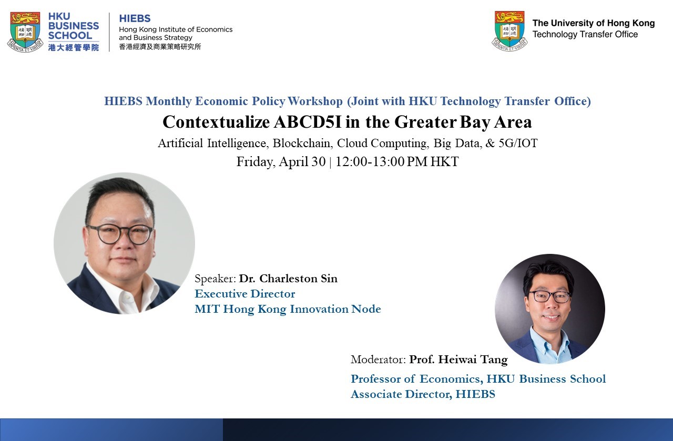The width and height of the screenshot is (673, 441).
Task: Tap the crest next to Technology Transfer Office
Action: tap(509, 31)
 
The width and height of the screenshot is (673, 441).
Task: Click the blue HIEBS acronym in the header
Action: tap(135, 18)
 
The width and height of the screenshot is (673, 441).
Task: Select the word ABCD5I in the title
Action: tap(308, 122)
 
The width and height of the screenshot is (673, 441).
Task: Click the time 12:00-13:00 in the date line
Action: tap(370, 161)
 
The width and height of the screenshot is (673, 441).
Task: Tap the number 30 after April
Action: tap(319, 161)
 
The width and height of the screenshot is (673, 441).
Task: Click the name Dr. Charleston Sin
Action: tap(288, 279)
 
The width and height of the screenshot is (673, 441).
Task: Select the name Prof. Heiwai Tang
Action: tap(458, 360)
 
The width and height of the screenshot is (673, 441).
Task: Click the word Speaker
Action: tap(215, 279)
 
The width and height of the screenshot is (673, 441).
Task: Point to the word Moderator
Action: tap(378, 360)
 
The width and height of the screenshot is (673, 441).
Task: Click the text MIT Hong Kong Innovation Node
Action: tap(288, 309)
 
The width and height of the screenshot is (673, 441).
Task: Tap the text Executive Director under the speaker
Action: tap(245, 294)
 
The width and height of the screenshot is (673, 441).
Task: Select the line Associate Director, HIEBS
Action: tap(423, 394)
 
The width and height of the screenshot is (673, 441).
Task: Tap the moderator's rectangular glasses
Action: tap(551, 296)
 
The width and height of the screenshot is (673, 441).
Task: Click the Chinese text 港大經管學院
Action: tap(74, 47)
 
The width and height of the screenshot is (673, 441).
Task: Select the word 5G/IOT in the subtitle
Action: tap(518, 143)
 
